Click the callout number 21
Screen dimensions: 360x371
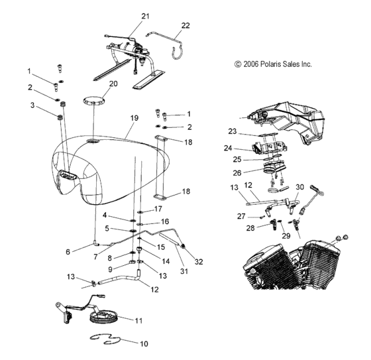click(x=145, y=15)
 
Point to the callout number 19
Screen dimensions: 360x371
click(x=134, y=117)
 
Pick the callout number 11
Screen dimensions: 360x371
click(x=138, y=320)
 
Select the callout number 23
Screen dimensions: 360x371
click(x=233, y=131)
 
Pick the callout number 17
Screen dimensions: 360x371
click(x=158, y=209)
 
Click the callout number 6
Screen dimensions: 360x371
click(x=67, y=251)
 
